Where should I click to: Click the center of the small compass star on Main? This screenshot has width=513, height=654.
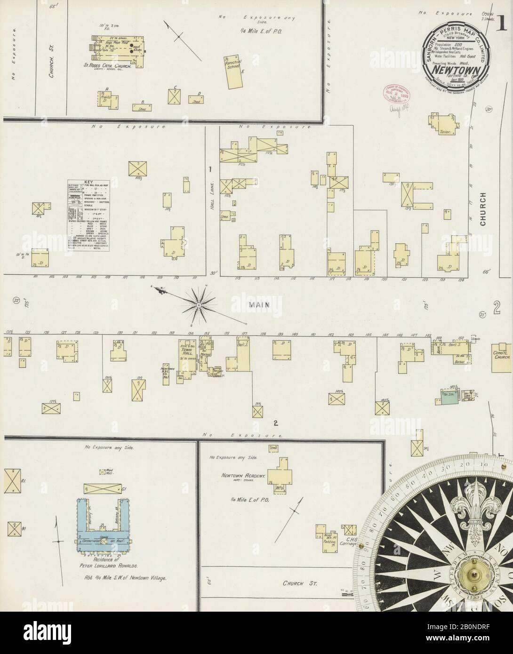pos(199,305)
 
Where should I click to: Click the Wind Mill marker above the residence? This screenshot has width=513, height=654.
pos(102,472)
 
